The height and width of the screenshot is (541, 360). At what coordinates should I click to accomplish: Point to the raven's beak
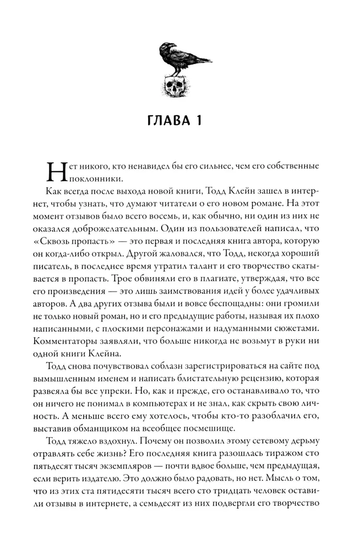click(x=163, y=47)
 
